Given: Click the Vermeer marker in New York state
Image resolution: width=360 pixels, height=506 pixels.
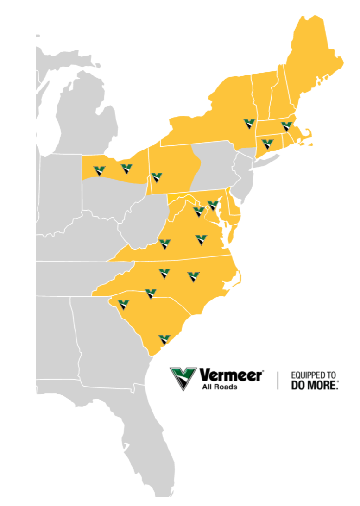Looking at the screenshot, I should click(250, 124).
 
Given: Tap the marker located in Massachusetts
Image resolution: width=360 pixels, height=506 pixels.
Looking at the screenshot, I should click(287, 126).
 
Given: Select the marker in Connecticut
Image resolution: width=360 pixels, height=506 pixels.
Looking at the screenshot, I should click(267, 144).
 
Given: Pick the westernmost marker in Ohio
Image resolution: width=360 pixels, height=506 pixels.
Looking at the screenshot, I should click(100, 171).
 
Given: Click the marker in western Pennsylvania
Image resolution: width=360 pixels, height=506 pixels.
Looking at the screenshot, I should click(157, 177).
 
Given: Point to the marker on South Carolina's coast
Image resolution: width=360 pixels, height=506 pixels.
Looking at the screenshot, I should click(164, 340).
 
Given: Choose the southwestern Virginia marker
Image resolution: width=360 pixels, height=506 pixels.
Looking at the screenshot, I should click(164, 244).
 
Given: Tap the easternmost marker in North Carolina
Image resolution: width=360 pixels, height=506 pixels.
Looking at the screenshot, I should click(193, 277).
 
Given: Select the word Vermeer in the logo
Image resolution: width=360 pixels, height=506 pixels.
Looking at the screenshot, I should click(231, 375).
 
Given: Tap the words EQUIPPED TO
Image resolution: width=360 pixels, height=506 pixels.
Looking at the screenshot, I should click(313, 375).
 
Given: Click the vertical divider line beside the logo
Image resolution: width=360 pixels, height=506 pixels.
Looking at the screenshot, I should click(278, 380).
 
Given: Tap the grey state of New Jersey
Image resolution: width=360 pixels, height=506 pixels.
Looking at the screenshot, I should click(244, 171).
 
